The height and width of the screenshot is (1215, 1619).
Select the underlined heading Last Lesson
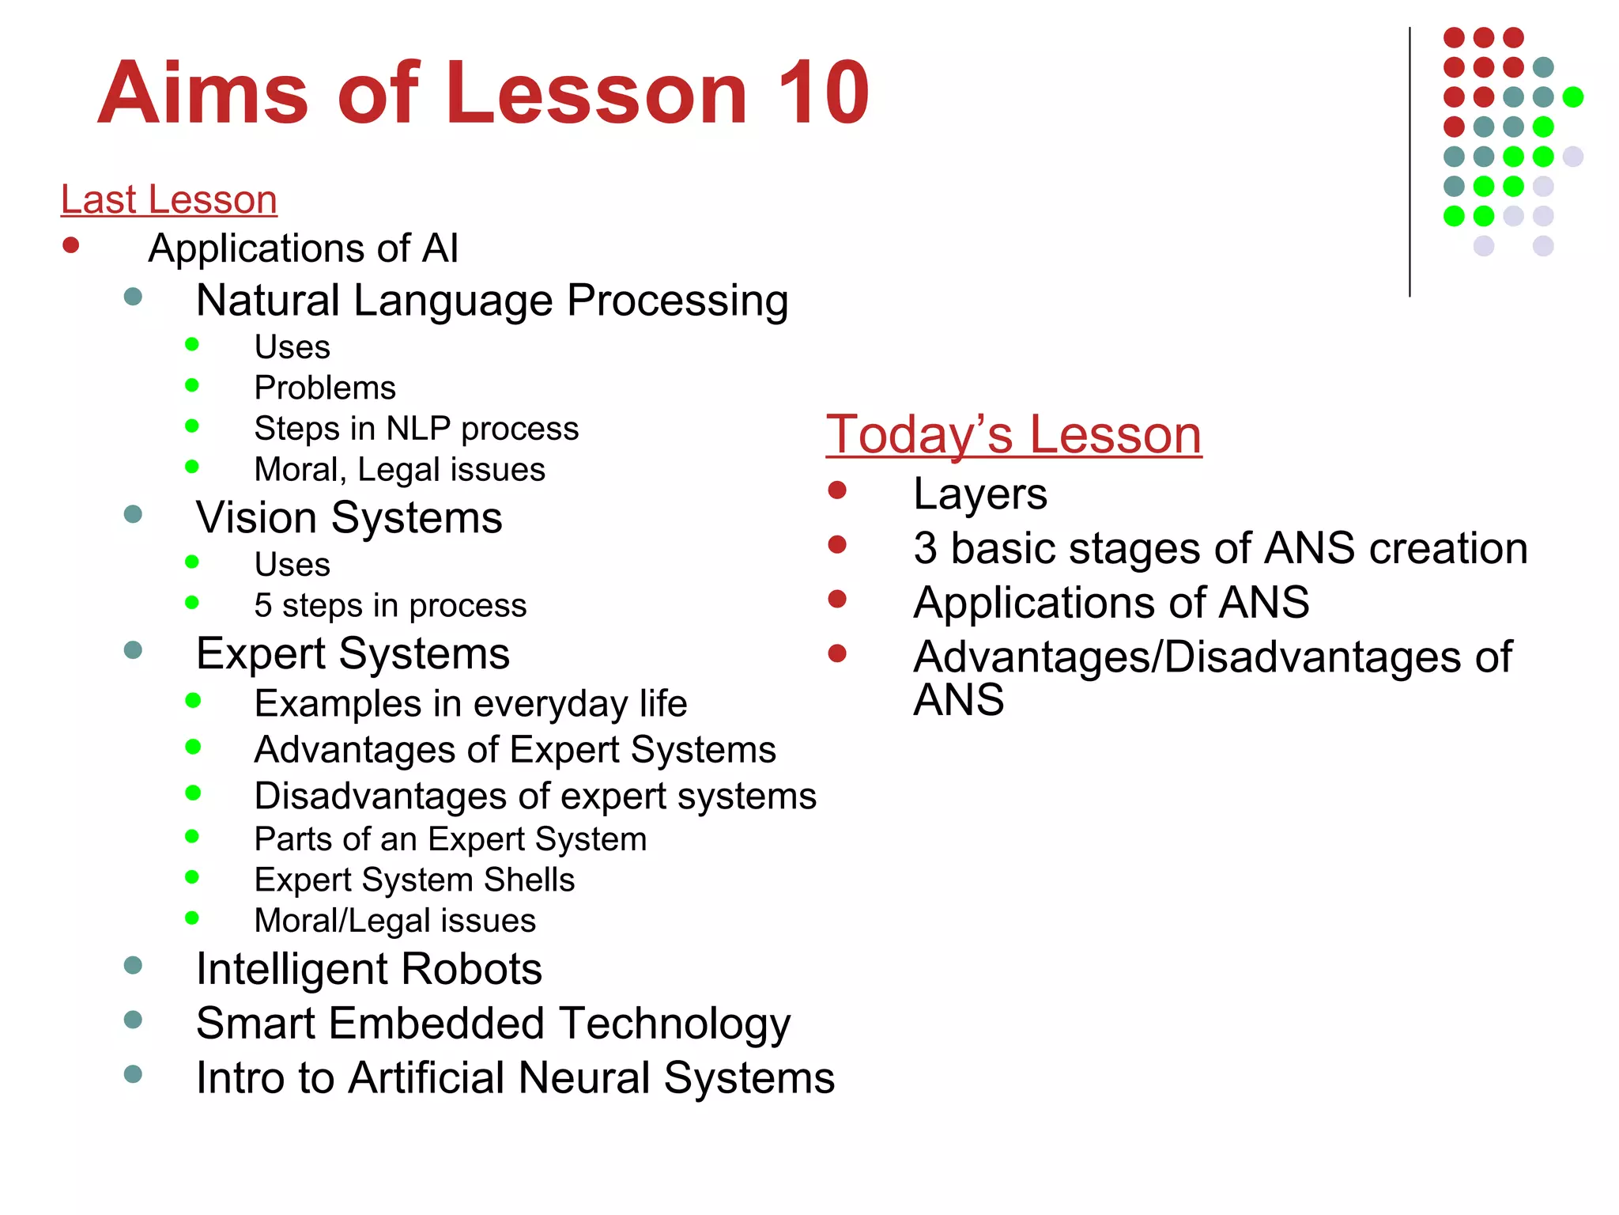pyautogui.click(x=168, y=199)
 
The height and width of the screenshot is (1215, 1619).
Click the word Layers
pyautogui.click(x=979, y=494)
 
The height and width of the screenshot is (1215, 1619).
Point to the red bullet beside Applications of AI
pyautogui.click(x=71, y=245)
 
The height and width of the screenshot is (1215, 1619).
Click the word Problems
pyautogui.click(x=325, y=388)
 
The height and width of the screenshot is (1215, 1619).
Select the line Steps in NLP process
pyautogui.click(x=416, y=429)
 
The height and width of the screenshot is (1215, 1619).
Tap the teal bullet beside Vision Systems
pyautogui.click(x=133, y=514)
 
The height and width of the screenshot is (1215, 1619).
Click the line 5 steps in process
pyautogui.click(x=390, y=606)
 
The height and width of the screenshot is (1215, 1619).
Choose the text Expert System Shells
pyautogui.click(x=414, y=880)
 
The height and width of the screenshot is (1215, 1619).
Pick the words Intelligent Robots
pyautogui.click(x=368, y=968)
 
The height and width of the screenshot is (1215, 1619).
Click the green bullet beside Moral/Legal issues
pyautogui.click(x=192, y=918)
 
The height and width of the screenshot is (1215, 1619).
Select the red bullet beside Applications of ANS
pyautogui.click(x=837, y=599)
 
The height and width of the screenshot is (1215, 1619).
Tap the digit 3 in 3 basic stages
pyautogui.click(x=925, y=548)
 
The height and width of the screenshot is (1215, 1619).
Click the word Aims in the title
pyautogui.click(x=203, y=93)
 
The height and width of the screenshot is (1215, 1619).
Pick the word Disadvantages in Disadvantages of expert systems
pyautogui.click(x=379, y=796)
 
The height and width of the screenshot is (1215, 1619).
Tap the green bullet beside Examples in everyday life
pyautogui.click(x=193, y=700)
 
